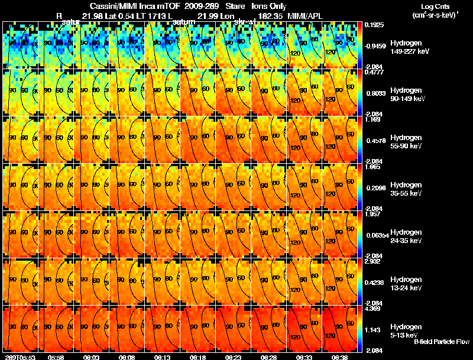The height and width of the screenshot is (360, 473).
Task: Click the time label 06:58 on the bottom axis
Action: point(56,357)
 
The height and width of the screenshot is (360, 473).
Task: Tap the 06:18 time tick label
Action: point(197,357)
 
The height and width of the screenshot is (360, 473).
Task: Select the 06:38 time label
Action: point(339,357)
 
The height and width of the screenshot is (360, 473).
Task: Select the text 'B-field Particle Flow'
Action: point(442,342)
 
